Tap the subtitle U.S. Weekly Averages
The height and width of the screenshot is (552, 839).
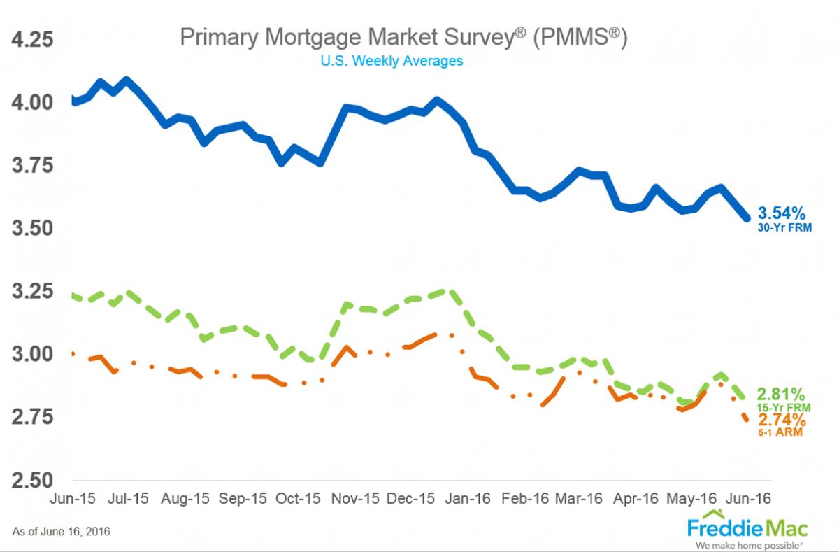tap(392, 61)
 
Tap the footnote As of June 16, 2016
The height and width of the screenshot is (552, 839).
tap(61, 532)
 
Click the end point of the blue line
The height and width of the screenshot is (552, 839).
tap(747, 218)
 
